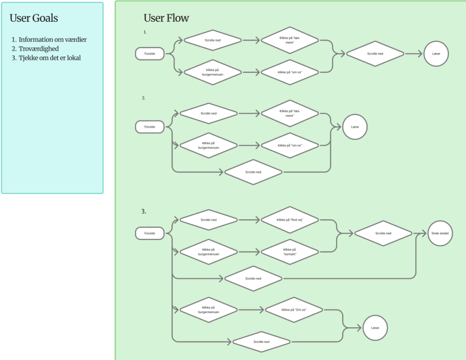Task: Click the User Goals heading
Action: pos(34,18)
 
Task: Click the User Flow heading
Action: pos(166,18)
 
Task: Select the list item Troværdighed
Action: pos(39,49)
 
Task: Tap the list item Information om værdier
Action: pos(53,40)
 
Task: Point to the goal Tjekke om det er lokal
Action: pos(50,58)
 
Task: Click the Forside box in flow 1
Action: pos(150,54)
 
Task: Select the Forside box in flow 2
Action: pos(150,127)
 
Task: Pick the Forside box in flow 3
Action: pos(150,233)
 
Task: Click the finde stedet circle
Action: pos(440,233)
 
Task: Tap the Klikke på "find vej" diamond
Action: pos(290,220)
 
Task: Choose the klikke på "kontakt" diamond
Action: pos(290,252)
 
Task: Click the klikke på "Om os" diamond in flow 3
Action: pos(294,310)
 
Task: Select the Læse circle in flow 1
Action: pos(436,54)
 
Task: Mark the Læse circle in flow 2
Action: pos(355,127)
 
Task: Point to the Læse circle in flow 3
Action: pos(375,328)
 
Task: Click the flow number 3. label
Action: pos(143,211)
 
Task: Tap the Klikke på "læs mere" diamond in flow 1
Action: pos(290,40)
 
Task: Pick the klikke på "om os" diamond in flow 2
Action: pos(290,145)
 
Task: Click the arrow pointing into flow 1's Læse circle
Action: pos(414,54)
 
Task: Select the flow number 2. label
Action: pos(143,98)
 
